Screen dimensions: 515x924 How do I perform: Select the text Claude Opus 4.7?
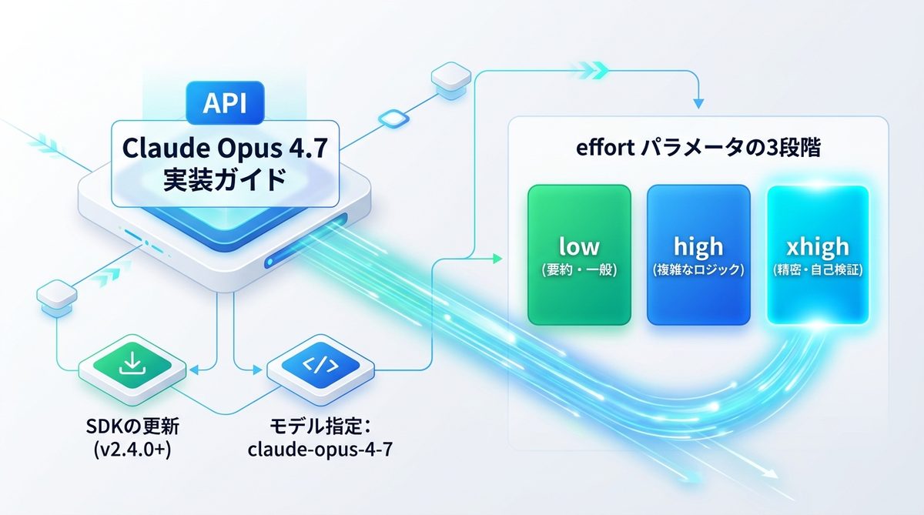coord(224,148)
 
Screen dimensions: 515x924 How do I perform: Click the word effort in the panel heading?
coord(604,149)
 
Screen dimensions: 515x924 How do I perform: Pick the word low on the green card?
coord(580,246)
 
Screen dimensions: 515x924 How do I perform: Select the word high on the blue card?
coord(698,246)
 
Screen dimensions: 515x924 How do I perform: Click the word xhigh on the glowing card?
coord(818,246)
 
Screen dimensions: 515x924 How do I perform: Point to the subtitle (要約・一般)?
coord(580,270)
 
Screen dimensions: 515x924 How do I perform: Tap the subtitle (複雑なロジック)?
coord(698,270)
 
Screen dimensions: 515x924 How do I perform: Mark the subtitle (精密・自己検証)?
coord(818,270)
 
